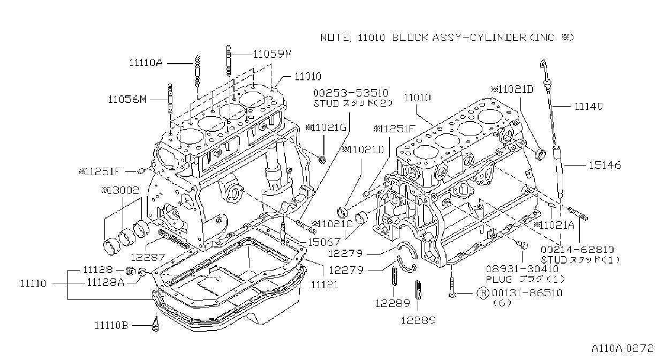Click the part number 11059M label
(273, 54)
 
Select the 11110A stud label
(146, 63)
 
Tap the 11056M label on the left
(127, 99)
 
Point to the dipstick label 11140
(588, 107)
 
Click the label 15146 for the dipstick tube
(605, 165)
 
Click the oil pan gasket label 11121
(324, 284)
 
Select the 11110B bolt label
(111, 325)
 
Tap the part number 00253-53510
(351, 93)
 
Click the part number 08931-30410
(522, 268)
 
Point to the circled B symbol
(482, 293)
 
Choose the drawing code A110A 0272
(623, 348)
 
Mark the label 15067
(324, 242)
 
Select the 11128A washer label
(105, 282)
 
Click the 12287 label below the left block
(148, 258)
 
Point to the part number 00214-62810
(577, 250)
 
